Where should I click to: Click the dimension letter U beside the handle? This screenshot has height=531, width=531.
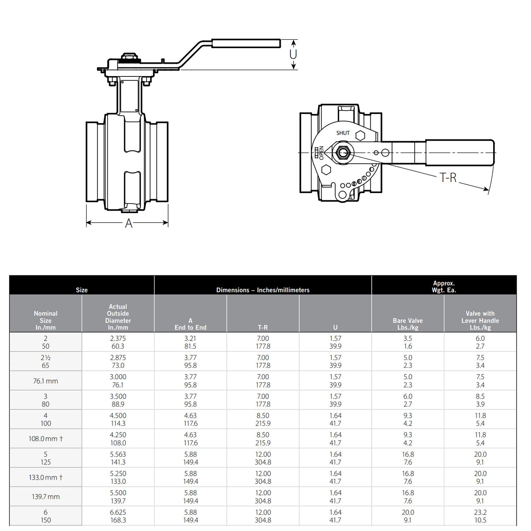coord(293,54)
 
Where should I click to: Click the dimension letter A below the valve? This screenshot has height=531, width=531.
coord(128,223)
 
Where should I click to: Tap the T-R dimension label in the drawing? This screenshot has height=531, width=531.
coord(448,178)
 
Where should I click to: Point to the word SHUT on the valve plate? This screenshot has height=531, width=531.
coord(343,133)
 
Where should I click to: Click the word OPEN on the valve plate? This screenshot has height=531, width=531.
coord(321,153)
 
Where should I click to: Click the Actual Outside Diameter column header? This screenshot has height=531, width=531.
coord(118,317)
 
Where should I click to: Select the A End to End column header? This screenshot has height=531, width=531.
coord(190,324)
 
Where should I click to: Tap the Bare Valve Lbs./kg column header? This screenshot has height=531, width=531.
coord(408,324)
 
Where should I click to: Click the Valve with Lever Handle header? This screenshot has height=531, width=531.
coord(480,320)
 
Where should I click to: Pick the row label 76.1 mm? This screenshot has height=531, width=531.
coord(46,381)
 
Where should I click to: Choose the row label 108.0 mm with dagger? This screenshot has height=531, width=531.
coord(46,439)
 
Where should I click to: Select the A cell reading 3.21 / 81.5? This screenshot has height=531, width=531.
coord(190,342)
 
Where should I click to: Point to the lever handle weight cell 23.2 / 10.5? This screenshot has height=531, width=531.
coord(480,516)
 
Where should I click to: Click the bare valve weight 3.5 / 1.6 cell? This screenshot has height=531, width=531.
coord(408,342)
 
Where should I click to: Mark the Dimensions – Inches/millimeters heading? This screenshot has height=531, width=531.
coord(263,290)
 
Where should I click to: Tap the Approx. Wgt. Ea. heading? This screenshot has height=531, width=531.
coord(444,287)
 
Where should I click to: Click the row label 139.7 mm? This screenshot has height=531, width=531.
coord(46,497)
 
